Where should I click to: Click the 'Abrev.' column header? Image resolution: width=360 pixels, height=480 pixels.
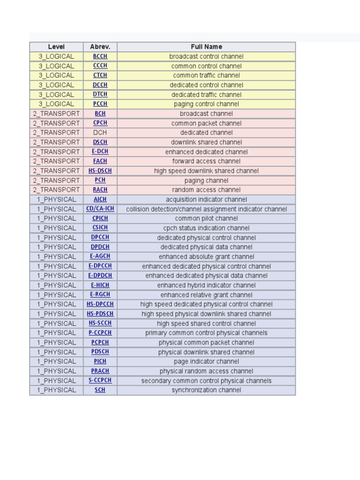pyautogui.click(x=100, y=47)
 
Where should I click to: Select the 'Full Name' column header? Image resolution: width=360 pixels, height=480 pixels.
pyautogui.click(x=206, y=47)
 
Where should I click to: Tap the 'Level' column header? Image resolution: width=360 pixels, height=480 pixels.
pyautogui.click(x=56, y=47)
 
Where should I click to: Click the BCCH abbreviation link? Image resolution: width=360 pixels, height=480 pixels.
pyautogui.click(x=100, y=56)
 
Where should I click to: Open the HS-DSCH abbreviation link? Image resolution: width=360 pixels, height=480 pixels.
pyautogui.click(x=100, y=171)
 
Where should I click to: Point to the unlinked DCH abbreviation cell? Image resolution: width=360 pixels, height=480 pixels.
pyautogui.click(x=100, y=133)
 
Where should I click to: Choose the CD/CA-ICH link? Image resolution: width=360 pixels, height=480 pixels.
pyautogui.click(x=100, y=209)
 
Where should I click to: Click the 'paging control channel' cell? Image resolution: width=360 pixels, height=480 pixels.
pyautogui.click(x=206, y=104)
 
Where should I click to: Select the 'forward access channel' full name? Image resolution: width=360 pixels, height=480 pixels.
pyautogui.click(x=206, y=161)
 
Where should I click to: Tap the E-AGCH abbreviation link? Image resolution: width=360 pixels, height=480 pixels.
pyautogui.click(x=100, y=256)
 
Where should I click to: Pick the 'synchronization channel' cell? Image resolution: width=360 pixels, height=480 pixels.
pyautogui.click(x=206, y=390)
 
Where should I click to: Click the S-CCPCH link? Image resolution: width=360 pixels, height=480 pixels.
pyautogui.click(x=100, y=381)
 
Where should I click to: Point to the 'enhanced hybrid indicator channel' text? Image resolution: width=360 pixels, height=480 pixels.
pyautogui.click(x=206, y=285)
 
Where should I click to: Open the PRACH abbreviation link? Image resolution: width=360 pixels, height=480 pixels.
pyautogui.click(x=100, y=371)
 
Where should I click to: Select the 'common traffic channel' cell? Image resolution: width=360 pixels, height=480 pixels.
pyautogui.click(x=206, y=75)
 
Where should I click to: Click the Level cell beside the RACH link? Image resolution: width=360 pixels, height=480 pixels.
pyautogui.click(x=56, y=190)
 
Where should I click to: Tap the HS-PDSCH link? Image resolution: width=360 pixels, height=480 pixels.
pyautogui.click(x=100, y=314)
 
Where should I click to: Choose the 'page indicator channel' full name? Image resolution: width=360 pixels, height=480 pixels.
pyautogui.click(x=206, y=361)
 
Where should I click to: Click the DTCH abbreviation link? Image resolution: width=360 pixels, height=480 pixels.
pyautogui.click(x=100, y=95)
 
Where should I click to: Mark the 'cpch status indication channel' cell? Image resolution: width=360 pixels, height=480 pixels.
pyautogui.click(x=206, y=228)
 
